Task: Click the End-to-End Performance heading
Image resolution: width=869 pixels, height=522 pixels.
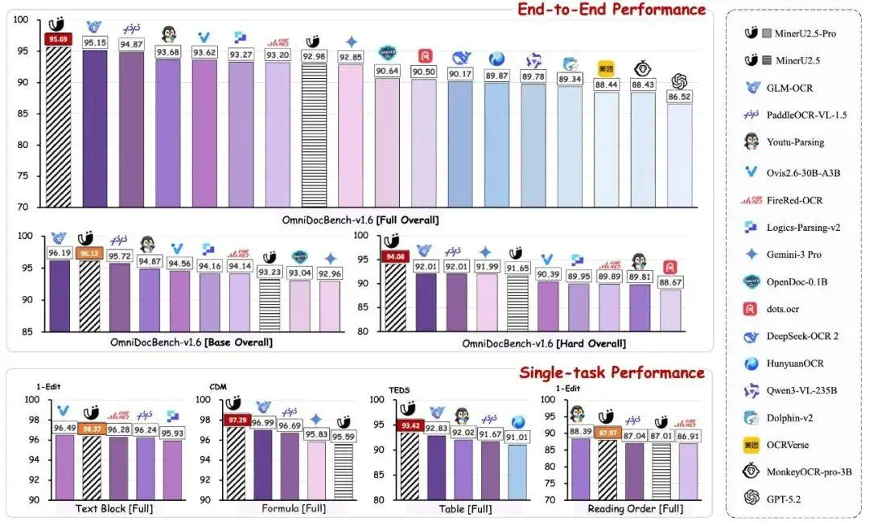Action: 611,10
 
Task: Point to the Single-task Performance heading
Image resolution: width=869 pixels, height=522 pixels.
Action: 612,372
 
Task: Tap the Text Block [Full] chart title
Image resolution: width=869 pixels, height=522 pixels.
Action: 114,508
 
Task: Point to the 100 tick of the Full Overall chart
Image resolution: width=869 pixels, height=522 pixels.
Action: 21,20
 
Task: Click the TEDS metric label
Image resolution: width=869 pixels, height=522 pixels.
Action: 399,390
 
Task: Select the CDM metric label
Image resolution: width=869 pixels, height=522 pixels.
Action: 218,385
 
